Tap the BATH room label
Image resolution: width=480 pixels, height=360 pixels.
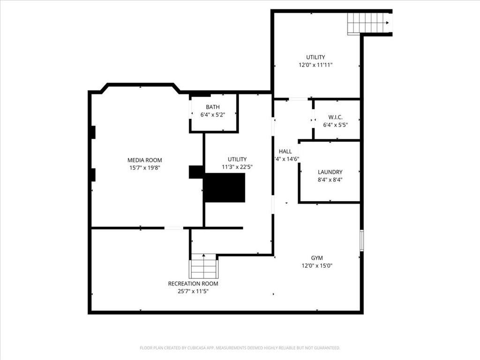pos(212,107)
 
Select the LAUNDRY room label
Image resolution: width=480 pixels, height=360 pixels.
pos(330,172)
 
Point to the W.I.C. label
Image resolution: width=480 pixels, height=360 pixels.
pos(335,117)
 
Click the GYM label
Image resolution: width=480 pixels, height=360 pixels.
pos(317,258)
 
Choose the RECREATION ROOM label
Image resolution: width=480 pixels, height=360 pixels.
pos(193,284)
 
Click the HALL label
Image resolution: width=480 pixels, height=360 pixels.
pos(285,151)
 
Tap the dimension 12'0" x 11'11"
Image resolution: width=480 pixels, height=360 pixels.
pos(315,66)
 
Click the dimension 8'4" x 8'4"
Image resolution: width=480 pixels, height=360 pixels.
pos(330,180)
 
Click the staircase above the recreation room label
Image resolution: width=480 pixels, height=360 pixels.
pos(203,268)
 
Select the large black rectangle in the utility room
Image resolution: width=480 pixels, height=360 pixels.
pos(225,187)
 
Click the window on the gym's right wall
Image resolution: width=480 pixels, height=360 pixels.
pos(361,240)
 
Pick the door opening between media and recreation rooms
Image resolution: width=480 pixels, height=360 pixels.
pos(173,228)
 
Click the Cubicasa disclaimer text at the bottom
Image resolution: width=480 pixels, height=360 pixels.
pos(240,348)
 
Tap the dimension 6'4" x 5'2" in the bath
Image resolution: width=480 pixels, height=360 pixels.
pos(212,115)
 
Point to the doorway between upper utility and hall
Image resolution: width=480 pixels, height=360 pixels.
pos(298,99)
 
